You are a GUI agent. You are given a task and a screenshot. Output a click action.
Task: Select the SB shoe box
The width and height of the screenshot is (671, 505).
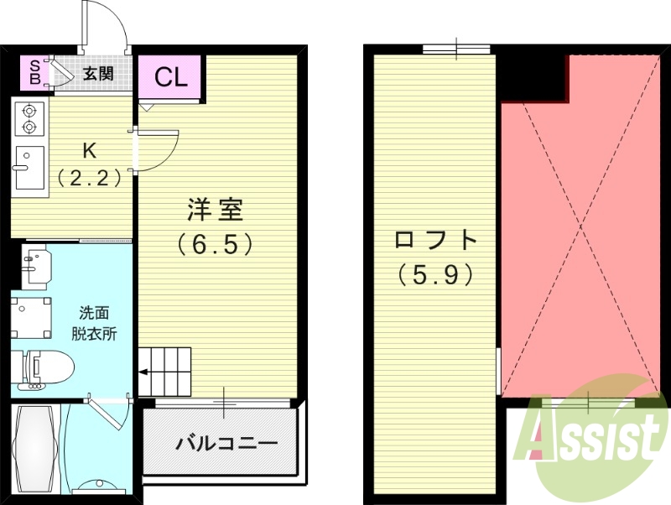coord(34,73)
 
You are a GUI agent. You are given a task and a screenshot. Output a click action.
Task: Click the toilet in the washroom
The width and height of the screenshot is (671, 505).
coord(42,366)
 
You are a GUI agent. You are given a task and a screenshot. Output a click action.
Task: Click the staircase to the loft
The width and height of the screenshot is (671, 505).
coord(164,371)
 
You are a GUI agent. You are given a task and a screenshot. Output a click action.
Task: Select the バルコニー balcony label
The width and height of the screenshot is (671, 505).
coord(226,443)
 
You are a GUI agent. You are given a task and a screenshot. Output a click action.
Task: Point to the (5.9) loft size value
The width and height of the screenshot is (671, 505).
coord(436,273)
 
